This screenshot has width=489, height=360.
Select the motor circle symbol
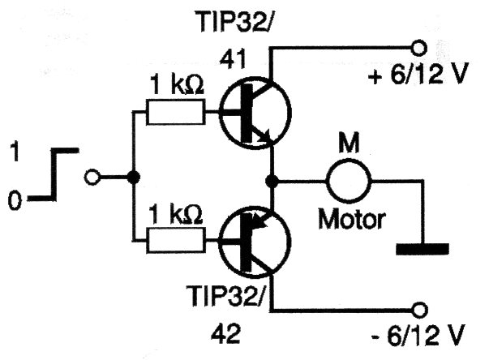coord(348,177)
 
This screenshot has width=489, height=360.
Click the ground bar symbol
coord(422,247)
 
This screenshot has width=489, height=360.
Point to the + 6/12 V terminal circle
coord(419,45)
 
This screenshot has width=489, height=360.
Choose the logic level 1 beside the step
coord(14,151)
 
